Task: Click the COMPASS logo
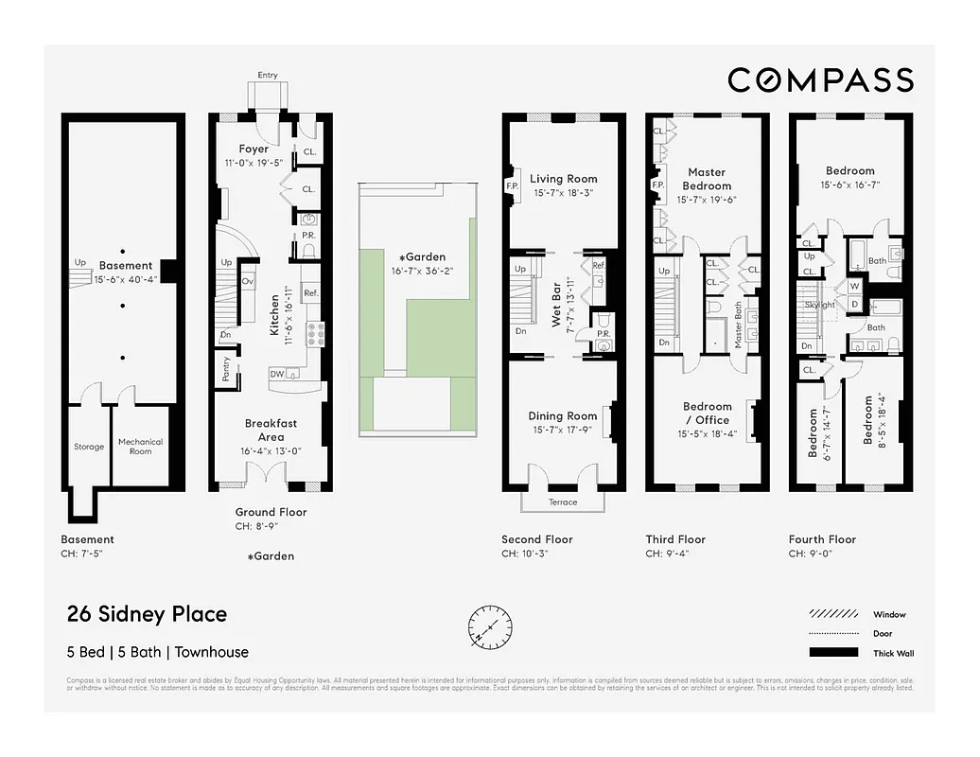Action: [820, 80]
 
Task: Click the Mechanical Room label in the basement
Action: [140, 447]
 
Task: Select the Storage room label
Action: [89, 447]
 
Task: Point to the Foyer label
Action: [254, 149]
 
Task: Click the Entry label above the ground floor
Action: [268, 75]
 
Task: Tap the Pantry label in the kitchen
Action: [226, 369]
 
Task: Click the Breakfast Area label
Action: [271, 431]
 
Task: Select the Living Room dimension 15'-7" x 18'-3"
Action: [564, 193]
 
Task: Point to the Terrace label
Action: [563, 502]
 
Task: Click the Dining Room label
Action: [563, 415]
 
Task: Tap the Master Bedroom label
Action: [707, 179]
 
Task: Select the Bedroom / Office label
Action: [708, 414]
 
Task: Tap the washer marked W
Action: [855, 285]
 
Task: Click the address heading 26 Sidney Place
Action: [147, 614]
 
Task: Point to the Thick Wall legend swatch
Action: [832, 653]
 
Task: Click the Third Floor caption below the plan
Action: [675, 539]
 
